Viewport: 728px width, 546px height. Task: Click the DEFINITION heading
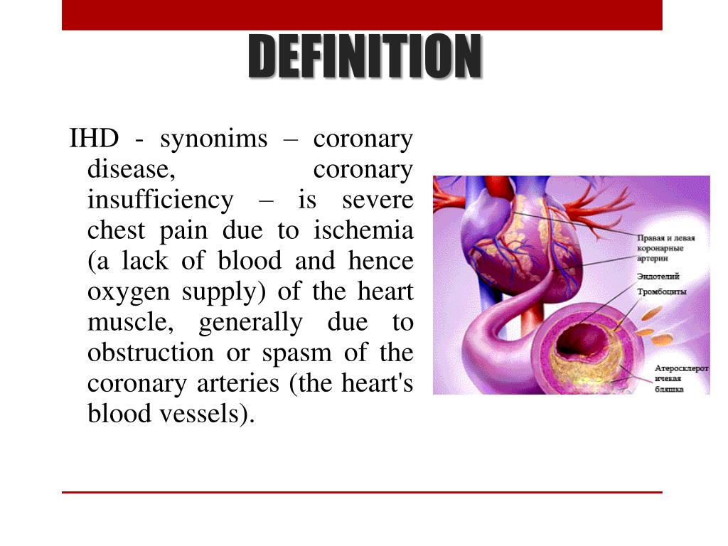tap(364, 57)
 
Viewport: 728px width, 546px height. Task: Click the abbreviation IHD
tap(93, 139)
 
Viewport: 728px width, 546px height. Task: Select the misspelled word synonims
tap(214, 139)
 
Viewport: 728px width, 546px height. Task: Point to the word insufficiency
tap(160, 200)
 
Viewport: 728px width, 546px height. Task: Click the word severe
tap(377, 200)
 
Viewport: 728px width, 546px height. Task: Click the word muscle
tap(129, 323)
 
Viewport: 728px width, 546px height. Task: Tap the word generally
tap(250, 323)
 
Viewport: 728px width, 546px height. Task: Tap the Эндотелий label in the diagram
tap(657, 276)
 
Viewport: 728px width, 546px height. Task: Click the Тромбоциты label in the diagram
tap(660, 291)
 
